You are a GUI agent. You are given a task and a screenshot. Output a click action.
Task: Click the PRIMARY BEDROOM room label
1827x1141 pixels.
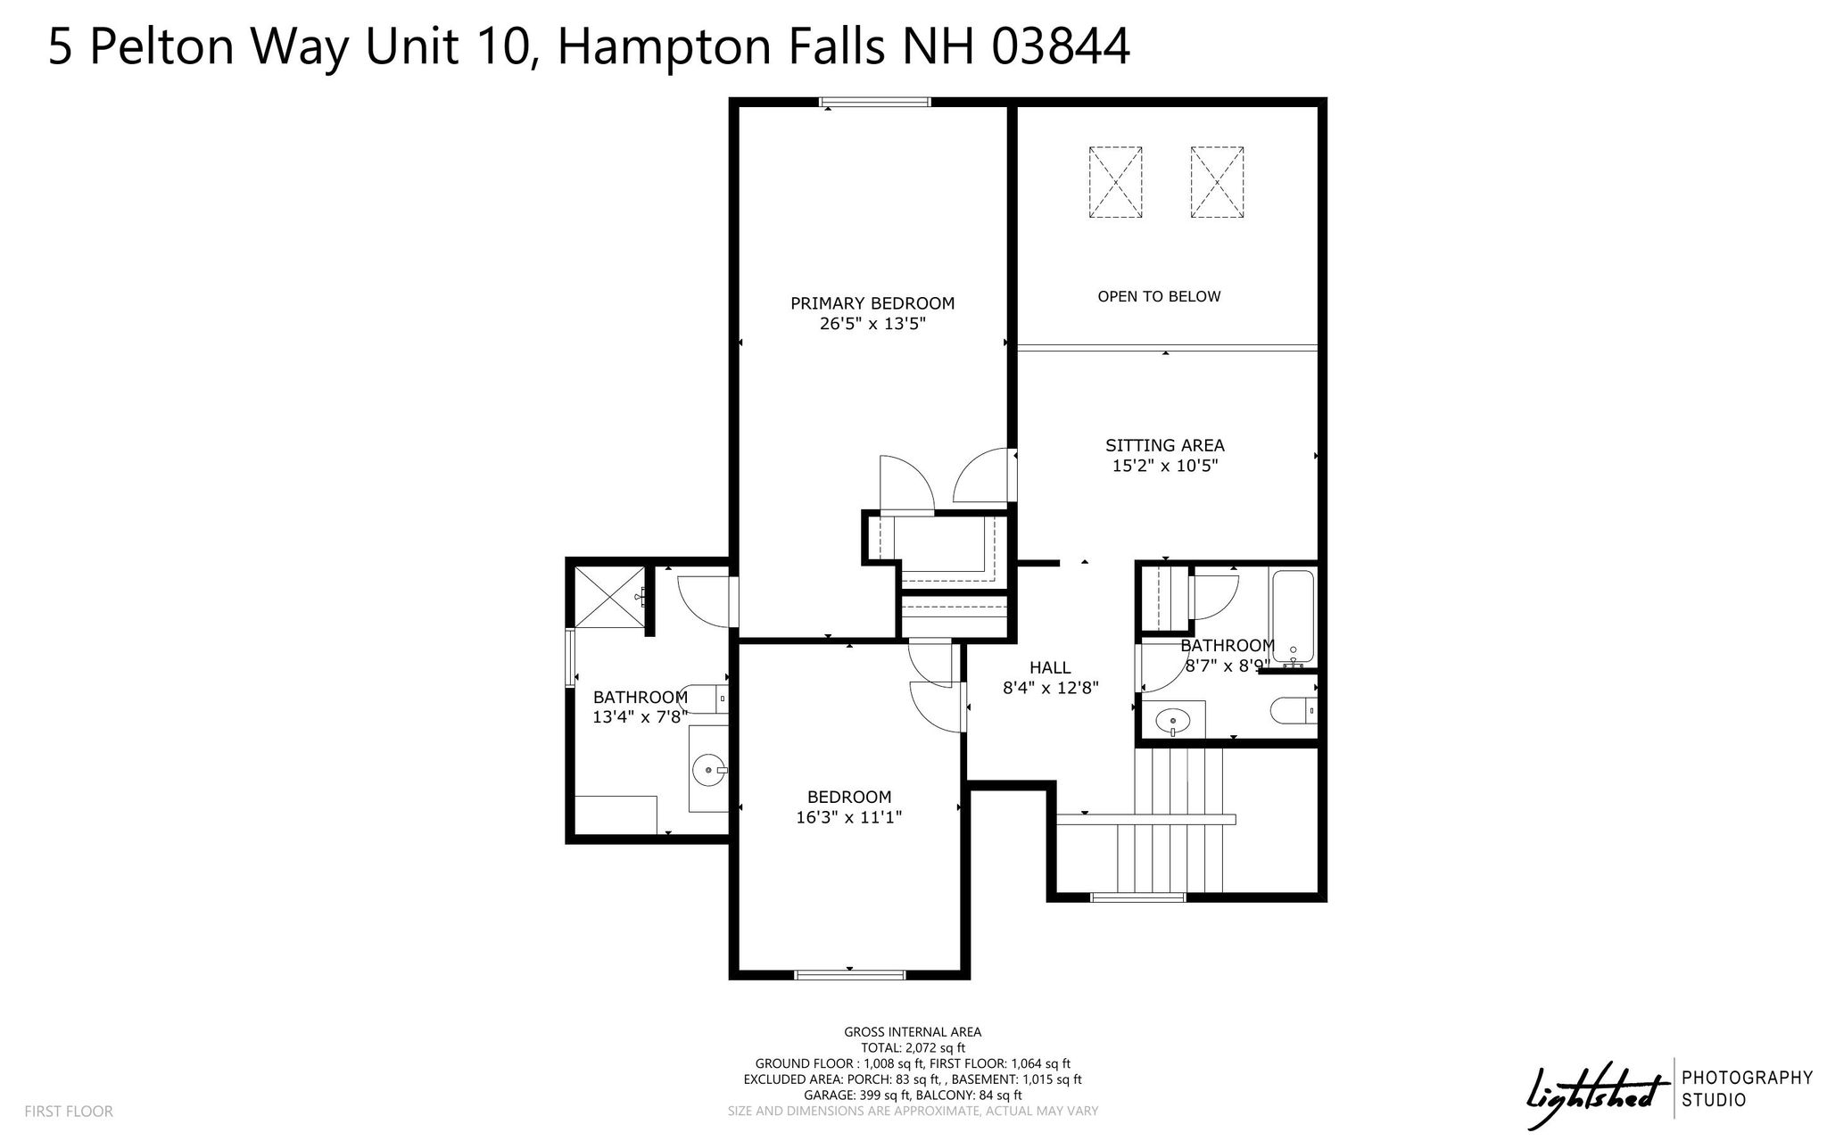[x=872, y=303]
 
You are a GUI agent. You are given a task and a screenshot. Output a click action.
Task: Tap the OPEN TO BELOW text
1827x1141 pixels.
[x=1159, y=296]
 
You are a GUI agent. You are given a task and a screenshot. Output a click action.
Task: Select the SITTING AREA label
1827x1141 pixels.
[x=1165, y=445]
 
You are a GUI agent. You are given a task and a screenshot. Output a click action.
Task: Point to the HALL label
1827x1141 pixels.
[x=1050, y=667]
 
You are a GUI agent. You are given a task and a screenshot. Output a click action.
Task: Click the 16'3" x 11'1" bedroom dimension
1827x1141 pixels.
[x=849, y=817]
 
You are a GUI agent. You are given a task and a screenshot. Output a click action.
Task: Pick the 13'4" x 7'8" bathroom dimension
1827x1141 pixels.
[x=641, y=716]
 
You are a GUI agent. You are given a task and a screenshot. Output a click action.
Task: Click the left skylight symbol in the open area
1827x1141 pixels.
[x=1115, y=182]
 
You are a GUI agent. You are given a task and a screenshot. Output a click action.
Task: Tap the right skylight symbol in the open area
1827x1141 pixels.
[x=1217, y=182]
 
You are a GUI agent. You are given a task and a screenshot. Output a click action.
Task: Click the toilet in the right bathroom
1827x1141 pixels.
[x=1293, y=711]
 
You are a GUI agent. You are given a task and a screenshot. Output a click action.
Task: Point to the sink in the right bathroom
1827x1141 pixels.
[x=1172, y=719]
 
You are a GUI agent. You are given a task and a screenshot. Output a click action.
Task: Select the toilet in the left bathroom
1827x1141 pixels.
[x=704, y=699]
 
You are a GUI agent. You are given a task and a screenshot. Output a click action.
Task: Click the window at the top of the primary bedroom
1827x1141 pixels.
[x=875, y=102]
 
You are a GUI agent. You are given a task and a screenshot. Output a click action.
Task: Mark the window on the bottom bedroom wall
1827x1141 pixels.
[x=849, y=974]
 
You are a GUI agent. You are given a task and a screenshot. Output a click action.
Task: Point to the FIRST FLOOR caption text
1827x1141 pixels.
[x=69, y=1112]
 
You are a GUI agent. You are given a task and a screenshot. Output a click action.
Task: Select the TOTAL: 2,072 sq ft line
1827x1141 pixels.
[x=913, y=1048]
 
